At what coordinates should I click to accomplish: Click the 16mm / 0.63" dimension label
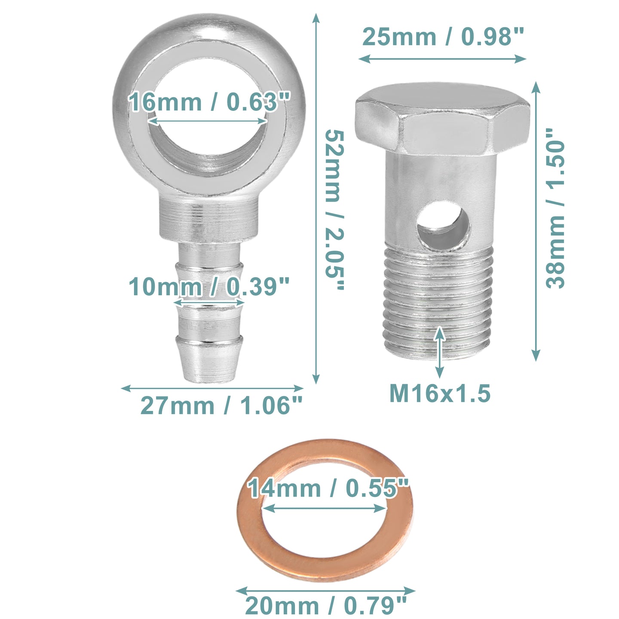[x=209, y=101]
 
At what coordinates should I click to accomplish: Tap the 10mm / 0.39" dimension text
[x=209, y=286]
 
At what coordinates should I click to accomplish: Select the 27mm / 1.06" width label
[x=222, y=406]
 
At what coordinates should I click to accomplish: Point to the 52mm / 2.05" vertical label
[x=334, y=210]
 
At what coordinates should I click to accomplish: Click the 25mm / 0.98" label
[x=443, y=37]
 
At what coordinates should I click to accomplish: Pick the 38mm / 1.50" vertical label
[x=555, y=209]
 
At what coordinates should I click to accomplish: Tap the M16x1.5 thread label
[x=440, y=393]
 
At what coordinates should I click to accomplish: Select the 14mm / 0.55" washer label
[x=328, y=488]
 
